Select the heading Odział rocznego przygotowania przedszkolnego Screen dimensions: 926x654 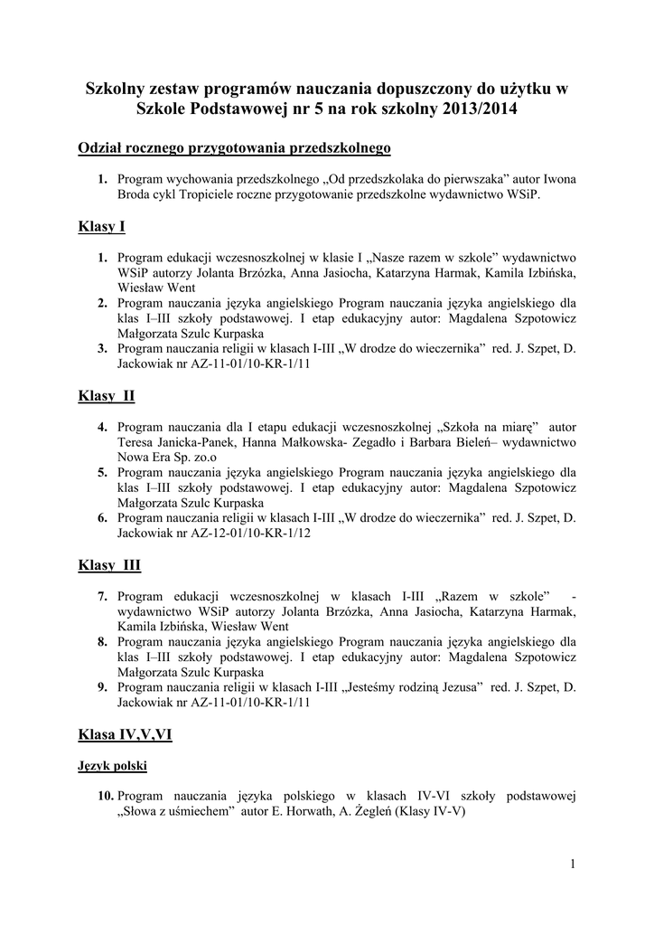pos(235,146)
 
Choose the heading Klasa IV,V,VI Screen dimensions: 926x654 pos(126,735)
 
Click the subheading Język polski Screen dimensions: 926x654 pos(113,765)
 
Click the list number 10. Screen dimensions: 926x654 pos(105,796)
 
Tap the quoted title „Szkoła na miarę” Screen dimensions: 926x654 pos(488,428)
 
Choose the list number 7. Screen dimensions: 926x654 pos(103,597)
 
